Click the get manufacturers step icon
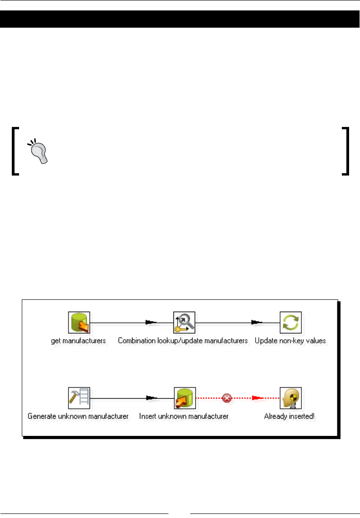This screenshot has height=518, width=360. coord(79,323)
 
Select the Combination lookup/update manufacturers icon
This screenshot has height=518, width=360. coord(184,323)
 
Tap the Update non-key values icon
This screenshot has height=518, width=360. coord(291,323)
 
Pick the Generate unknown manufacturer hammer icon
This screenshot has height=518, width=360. coord(79,398)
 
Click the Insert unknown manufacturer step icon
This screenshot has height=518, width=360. coord(184,398)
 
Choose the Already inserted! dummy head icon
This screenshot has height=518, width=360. coord(291,398)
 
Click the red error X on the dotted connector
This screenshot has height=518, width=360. coord(227,398)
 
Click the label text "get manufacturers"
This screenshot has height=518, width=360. coord(79,341)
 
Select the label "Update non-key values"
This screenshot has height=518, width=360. coord(291,341)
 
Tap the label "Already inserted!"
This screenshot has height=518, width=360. coord(290,416)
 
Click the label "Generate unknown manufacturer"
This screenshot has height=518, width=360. coord(78,416)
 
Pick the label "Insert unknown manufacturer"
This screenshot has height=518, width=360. coord(183,416)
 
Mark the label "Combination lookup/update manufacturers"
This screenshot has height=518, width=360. coord(183,341)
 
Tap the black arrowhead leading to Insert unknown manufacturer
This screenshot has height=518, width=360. coord(152,398)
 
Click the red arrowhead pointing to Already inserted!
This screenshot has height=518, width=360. coord(257,398)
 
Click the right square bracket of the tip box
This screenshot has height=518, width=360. coord(346,151)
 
